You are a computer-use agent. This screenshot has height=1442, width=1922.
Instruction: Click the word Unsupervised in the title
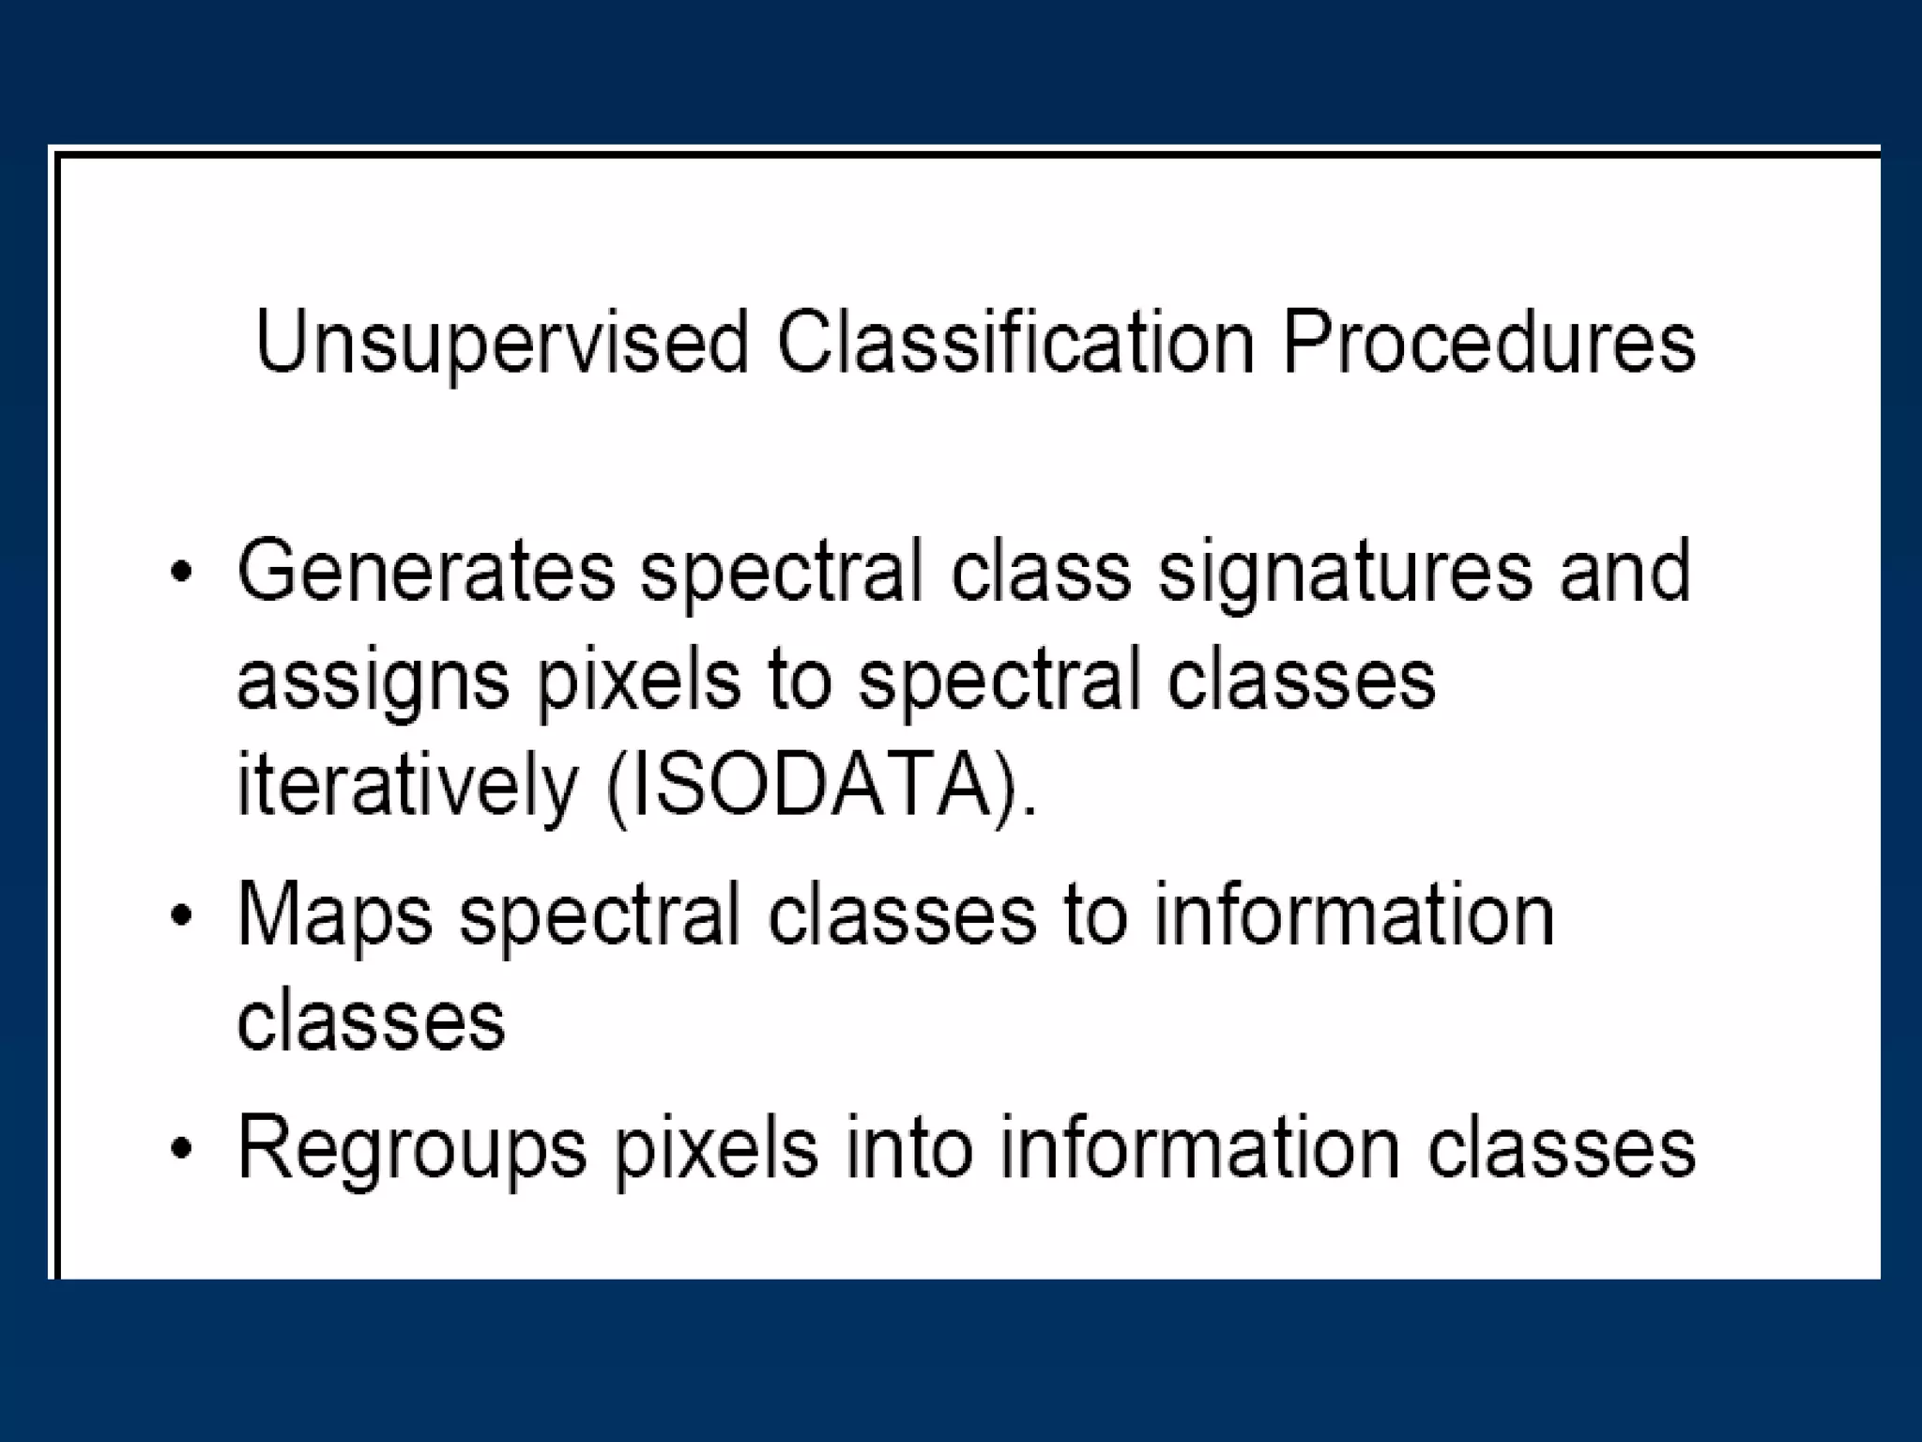click(x=501, y=344)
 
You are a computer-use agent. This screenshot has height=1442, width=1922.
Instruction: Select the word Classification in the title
click(x=1014, y=344)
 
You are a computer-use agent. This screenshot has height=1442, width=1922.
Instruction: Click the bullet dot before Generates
click(x=181, y=572)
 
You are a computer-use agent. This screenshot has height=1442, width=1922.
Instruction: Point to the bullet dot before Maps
click(x=181, y=916)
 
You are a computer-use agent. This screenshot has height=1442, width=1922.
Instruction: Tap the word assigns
click(x=373, y=682)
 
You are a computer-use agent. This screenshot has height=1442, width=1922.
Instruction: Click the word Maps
click(x=335, y=916)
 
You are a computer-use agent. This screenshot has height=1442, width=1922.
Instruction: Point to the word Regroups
click(x=411, y=1151)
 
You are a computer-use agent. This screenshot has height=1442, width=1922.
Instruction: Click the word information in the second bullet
click(x=1354, y=914)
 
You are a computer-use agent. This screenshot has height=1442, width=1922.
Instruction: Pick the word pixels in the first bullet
click(x=638, y=682)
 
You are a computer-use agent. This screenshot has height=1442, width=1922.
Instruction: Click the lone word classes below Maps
click(x=371, y=1020)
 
